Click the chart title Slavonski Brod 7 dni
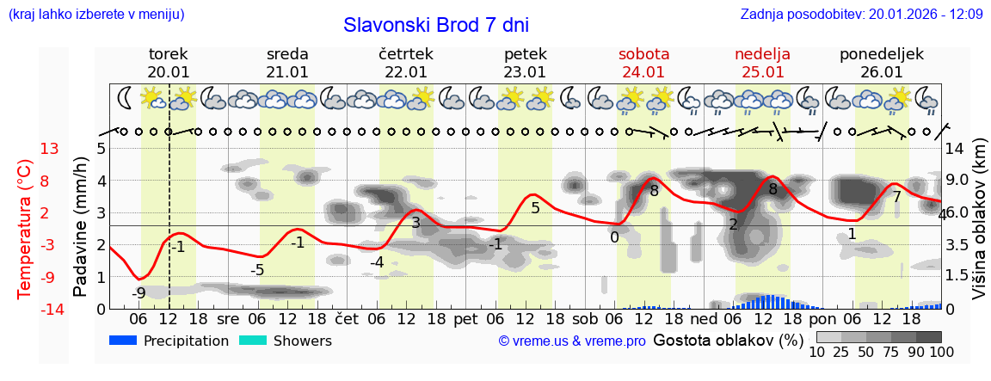[436, 25]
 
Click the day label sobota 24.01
[643, 63]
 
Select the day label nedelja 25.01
[762, 63]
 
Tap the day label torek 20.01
[169, 63]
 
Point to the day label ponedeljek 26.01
[881, 63]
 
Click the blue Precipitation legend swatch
[123, 341]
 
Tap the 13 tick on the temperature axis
[50, 149]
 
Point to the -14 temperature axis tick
[50, 310]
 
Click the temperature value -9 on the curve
[138, 292]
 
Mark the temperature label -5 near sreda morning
[256, 270]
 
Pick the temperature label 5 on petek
[535, 208]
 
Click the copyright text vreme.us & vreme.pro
[572, 341]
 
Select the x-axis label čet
[347, 319]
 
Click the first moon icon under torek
[126, 98]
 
